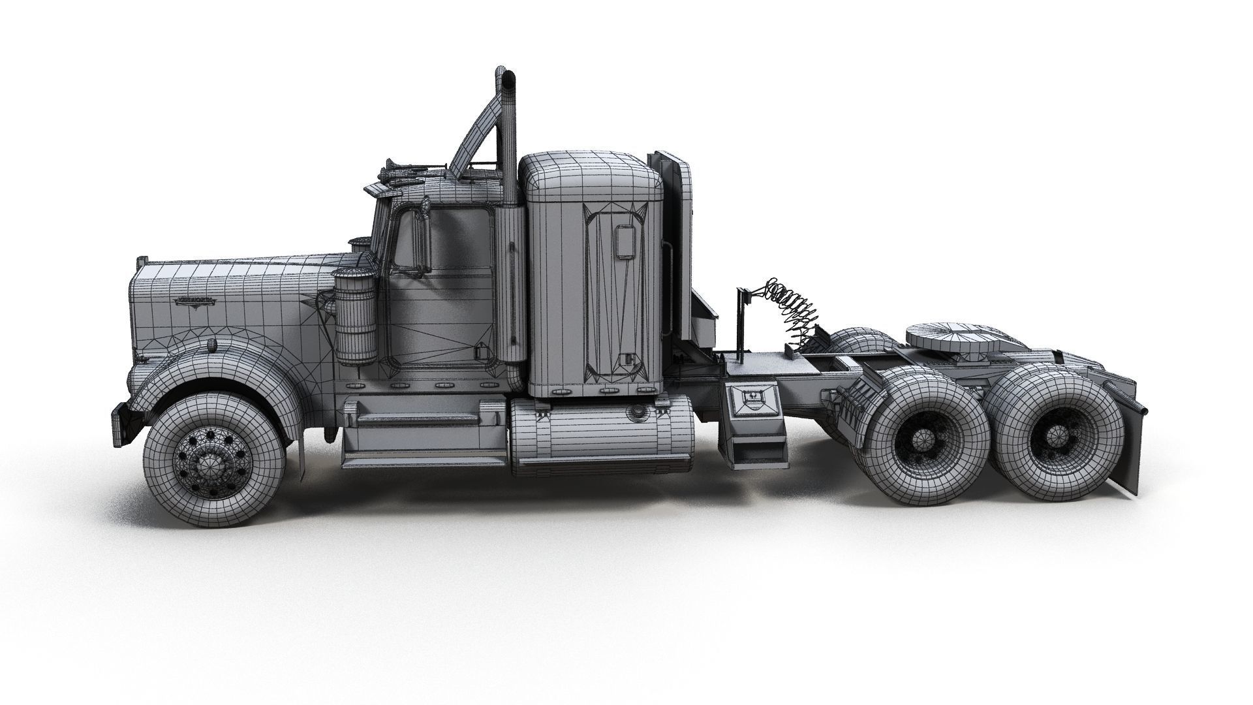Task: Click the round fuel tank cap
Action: (634, 413)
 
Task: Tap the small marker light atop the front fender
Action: (210, 344)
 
